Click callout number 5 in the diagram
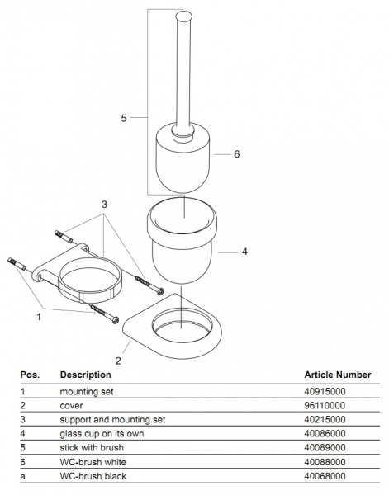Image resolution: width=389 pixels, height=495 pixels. (x=124, y=118)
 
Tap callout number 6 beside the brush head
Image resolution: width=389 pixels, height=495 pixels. (x=237, y=154)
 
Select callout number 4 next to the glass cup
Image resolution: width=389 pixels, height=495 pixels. (x=244, y=252)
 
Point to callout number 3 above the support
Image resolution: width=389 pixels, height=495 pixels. (x=105, y=205)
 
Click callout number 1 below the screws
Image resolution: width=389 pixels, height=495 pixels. (x=39, y=317)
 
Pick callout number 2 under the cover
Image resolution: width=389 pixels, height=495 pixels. (x=118, y=361)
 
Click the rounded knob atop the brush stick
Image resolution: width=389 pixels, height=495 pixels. (x=184, y=16)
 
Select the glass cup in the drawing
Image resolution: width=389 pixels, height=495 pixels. (x=182, y=241)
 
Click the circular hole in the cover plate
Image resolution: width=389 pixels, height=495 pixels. (x=181, y=325)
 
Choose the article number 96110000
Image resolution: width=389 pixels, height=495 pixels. (x=325, y=405)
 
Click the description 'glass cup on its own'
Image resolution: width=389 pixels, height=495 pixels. (x=102, y=433)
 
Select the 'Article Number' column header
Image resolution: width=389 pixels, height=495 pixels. (x=338, y=375)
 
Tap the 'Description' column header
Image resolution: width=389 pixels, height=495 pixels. (x=85, y=375)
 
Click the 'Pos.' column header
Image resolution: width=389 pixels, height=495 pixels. (x=30, y=375)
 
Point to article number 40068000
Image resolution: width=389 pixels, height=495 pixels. (x=325, y=476)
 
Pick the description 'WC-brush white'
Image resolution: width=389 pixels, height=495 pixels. (x=93, y=462)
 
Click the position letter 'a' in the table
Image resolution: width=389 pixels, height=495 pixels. (x=22, y=476)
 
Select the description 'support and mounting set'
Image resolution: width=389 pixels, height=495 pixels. (x=112, y=420)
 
